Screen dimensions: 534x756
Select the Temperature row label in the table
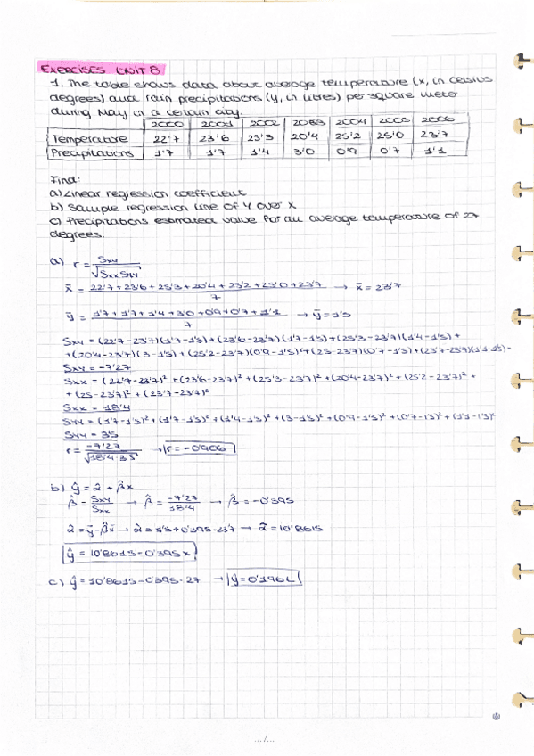click(90, 139)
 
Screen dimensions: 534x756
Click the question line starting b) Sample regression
click(157, 205)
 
